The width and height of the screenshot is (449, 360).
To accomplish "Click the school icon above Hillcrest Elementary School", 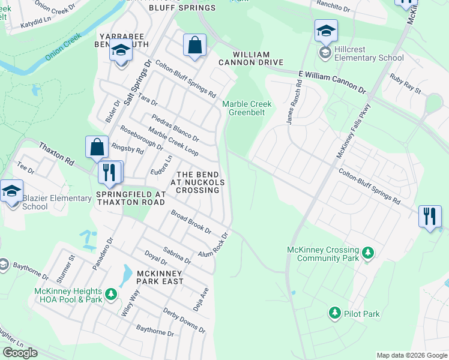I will [326, 31].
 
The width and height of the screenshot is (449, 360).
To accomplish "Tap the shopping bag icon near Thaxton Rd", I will [97, 147].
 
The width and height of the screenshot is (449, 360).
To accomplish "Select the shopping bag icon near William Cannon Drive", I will [194, 45].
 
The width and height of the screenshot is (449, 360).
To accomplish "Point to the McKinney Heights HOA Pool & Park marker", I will [110, 294].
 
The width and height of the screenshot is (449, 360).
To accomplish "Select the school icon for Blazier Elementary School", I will [11, 191].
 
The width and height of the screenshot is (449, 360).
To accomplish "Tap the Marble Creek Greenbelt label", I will [247, 108].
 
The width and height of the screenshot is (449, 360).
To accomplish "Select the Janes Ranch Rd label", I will [294, 104].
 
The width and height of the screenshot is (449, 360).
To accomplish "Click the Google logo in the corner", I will [20, 353].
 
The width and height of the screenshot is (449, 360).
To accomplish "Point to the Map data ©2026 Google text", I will [412, 356].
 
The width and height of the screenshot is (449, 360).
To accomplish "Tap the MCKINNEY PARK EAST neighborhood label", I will [158, 278].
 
